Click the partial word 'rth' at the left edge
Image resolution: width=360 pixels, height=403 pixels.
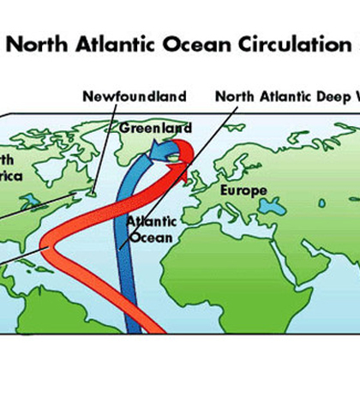pyautogui.click(x=9, y=161)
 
